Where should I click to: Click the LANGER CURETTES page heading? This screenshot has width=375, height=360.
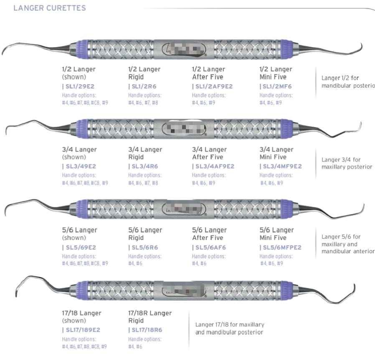pos(50,8)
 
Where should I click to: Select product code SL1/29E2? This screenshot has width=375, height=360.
pos(79,86)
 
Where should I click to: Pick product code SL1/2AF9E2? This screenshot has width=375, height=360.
pos(213,86)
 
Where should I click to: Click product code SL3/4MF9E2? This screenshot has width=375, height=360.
pos(281,166)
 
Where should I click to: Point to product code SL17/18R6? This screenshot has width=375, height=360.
pos(145,330)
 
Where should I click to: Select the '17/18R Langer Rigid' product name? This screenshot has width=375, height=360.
pos(150,317)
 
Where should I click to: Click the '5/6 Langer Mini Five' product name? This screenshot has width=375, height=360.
pos(276,234)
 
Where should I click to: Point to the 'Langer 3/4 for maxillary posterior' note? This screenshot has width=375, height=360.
pos(347,163)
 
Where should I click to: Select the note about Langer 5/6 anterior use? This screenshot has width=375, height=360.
pos(347,244)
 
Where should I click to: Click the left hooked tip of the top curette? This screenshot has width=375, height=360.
pos(5,51)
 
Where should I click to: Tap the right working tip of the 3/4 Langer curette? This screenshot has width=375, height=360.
pos(358,125)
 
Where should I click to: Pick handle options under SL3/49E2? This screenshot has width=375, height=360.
pos(85,179)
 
